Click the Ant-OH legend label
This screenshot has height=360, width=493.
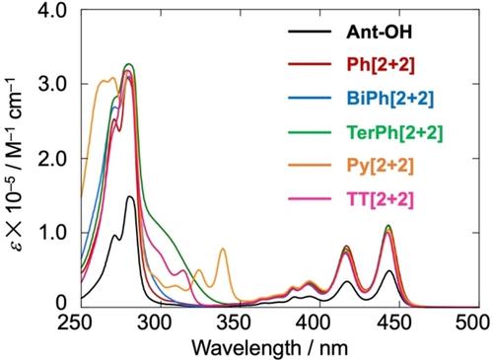click(379, 32)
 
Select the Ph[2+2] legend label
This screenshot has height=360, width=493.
click(381, 65)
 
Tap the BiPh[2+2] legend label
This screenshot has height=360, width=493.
click(390, 99)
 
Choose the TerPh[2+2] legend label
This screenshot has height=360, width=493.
click(394, 132)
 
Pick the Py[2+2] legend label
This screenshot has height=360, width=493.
click(380, 166)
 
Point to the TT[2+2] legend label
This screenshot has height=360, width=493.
click(380, 199)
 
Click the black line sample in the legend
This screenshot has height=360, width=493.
click(310, 32)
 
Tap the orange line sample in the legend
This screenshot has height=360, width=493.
click(310, 166)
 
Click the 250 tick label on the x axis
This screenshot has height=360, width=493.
click(81, 323)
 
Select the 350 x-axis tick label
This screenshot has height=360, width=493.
click(240, 323)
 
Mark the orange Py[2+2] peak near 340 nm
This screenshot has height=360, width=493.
click(223, 249)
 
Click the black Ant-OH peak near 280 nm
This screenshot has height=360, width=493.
click(130, 196)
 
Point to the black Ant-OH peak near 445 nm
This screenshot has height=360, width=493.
click(389, 270)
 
